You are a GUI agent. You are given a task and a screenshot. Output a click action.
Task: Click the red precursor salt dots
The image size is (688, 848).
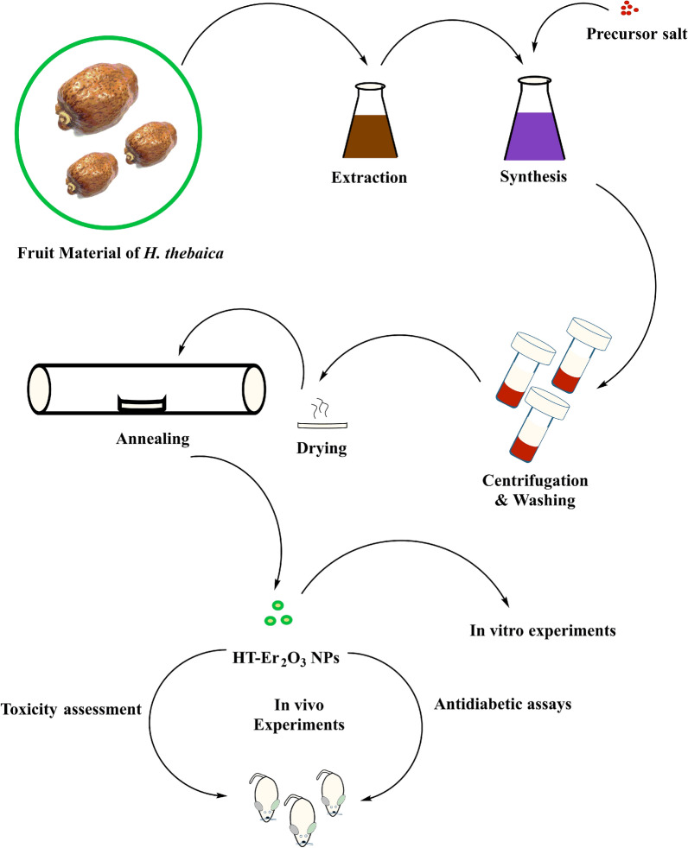[626, 10]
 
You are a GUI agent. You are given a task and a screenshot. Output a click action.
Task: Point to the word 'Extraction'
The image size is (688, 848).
[370, 179]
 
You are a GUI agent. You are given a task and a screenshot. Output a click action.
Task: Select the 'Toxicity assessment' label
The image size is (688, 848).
[72, 710]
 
